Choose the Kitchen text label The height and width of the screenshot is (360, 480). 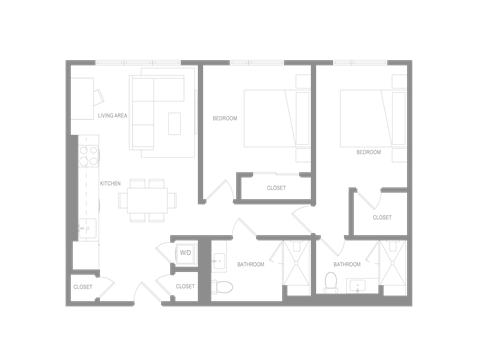coord(111,183)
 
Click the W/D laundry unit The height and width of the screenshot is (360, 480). coord(185,254)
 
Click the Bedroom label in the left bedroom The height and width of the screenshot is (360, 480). coord(225,118)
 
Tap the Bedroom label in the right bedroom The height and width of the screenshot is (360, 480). coord(368,152)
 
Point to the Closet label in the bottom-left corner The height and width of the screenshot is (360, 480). coord(83,287)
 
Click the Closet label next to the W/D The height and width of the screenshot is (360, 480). coord(185,287)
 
